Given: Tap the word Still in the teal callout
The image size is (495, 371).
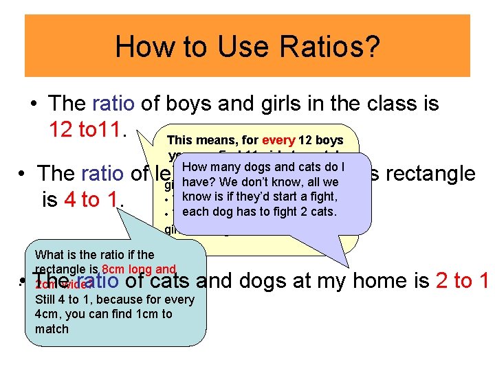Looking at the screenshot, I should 47,299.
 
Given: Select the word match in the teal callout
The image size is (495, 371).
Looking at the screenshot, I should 52,329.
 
